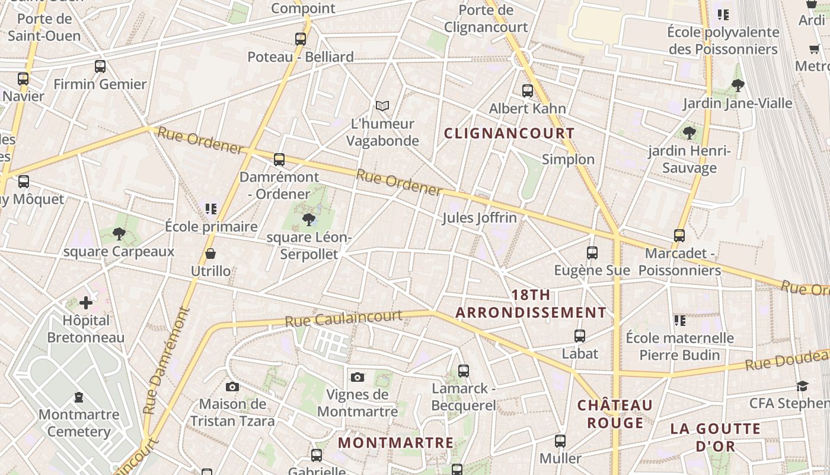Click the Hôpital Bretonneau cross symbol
[86, 303]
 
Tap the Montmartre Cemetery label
[79, 423]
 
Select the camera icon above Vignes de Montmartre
[357, 377]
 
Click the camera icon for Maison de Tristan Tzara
[232, 387]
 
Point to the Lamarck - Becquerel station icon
[464, 371]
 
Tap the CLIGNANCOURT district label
[509, 134]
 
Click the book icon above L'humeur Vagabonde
[382, 106]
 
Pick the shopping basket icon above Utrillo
[210, 254]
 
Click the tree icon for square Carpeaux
[119, 234]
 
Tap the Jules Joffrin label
[479, 218]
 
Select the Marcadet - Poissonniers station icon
[679, 236]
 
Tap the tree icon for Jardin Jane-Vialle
[738, 85]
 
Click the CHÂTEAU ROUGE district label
[615, 414]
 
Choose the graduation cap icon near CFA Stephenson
[802, 386]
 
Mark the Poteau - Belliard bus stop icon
[301, 39]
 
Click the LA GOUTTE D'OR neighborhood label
[715, 437]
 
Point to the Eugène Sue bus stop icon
[592, 253]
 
